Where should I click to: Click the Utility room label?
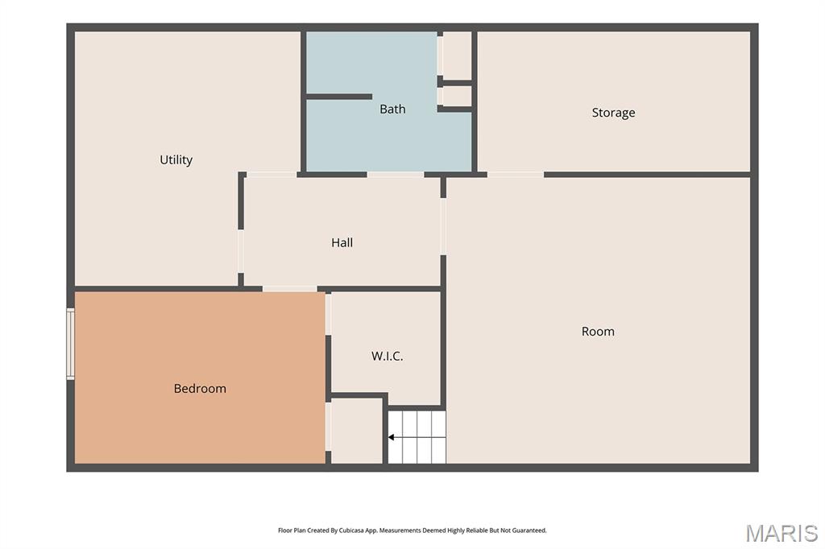[x=176, y=159]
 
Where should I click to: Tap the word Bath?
[x=392, y=109]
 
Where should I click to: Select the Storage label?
[x=613, y=113]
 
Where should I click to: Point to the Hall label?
[x=342, y=242]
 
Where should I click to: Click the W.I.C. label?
[x=388, y=356]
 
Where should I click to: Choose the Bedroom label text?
[x=200, y=388]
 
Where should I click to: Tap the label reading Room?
[x=598, y=332]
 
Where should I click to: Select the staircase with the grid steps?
[x=417, y=437]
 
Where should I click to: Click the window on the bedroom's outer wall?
[x=71, y=344]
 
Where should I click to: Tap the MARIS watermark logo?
[x=781, y=533]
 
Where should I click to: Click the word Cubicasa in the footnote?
[x=350, y=530]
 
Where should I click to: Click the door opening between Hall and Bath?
[x=395, y=174]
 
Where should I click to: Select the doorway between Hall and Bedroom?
[x=289, y=289]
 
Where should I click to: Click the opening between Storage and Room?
[x=516, y=174]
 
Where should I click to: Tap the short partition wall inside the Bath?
[x=339, y=97]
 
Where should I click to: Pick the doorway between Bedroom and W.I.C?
[x=329, y=314]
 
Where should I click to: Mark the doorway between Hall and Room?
[x=443, y=227]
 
